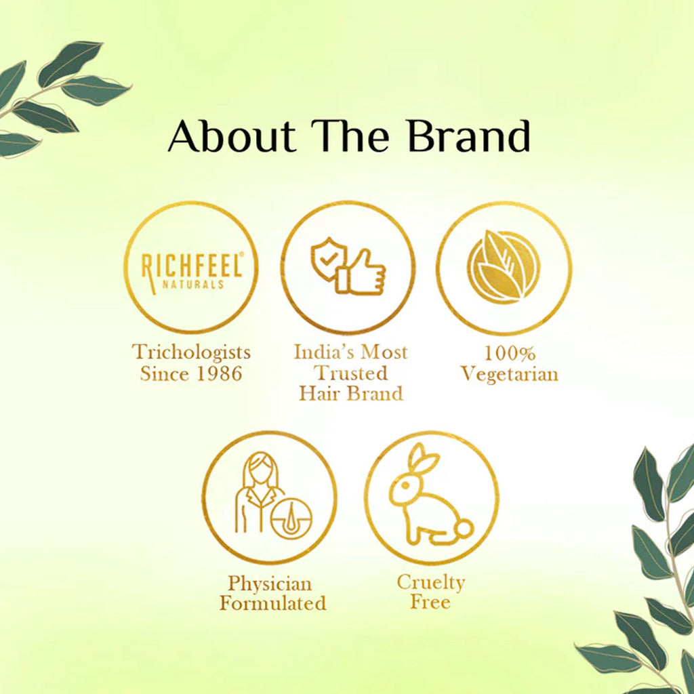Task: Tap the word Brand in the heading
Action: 469,136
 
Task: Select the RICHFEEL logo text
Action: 191,266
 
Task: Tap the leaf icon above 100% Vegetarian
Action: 504,267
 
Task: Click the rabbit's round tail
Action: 463,527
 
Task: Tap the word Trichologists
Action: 191,352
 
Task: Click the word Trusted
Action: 351,373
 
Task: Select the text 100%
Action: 510,353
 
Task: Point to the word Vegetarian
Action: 510,374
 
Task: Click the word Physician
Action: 270,584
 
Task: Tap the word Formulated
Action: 272,603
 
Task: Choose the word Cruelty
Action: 431,582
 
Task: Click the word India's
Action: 323,352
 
